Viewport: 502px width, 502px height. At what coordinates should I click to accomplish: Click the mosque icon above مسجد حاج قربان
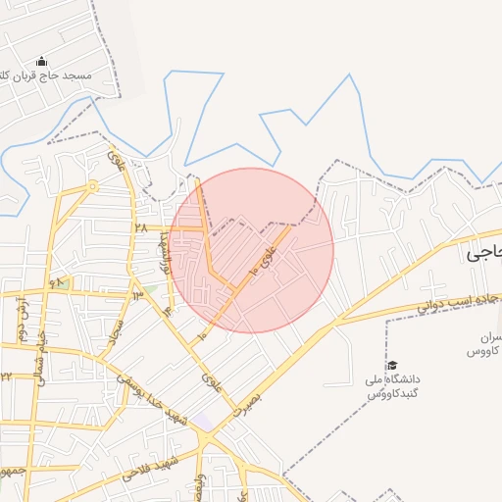pos(40,61)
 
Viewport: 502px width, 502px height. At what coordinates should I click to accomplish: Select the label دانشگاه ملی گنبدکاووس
pos(392,384)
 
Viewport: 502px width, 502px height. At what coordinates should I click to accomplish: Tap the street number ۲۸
pos(140,226)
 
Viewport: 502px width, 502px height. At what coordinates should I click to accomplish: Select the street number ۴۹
pos(56,282)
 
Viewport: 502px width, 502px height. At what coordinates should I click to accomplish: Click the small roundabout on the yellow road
pos(92,184)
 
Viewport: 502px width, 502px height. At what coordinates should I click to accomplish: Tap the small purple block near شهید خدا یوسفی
pos(203,422)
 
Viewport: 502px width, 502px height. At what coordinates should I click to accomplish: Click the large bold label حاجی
pos(483,253)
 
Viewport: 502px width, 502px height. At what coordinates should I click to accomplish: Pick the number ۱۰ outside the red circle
pos(202,336)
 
